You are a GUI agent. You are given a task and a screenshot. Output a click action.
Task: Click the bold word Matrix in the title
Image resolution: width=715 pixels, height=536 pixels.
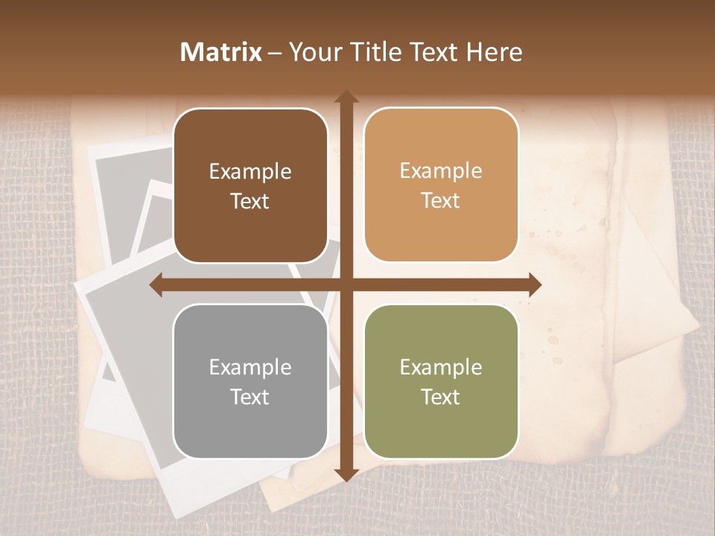221,52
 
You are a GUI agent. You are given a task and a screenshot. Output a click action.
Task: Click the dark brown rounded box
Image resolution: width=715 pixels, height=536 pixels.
250,185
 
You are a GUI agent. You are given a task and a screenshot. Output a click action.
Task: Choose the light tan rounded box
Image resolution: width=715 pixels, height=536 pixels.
441,185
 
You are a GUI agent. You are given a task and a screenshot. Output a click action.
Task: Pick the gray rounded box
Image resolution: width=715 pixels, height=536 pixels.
250,381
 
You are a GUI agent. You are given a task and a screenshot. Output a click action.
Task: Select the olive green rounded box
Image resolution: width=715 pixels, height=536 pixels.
441,381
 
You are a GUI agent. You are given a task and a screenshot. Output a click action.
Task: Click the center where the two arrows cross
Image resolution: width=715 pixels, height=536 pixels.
346,284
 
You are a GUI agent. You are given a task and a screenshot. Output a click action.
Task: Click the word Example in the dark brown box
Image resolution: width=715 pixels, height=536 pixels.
250,172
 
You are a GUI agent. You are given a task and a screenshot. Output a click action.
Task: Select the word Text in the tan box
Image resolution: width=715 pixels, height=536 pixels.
441,200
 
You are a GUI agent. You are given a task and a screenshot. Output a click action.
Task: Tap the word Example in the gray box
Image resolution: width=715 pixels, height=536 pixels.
250,368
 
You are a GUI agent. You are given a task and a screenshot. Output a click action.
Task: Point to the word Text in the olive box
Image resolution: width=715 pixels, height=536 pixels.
441,397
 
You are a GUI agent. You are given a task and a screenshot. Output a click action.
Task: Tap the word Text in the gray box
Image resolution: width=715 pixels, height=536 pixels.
250,397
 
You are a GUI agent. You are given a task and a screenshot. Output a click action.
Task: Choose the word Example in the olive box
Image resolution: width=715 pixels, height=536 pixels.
441,368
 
